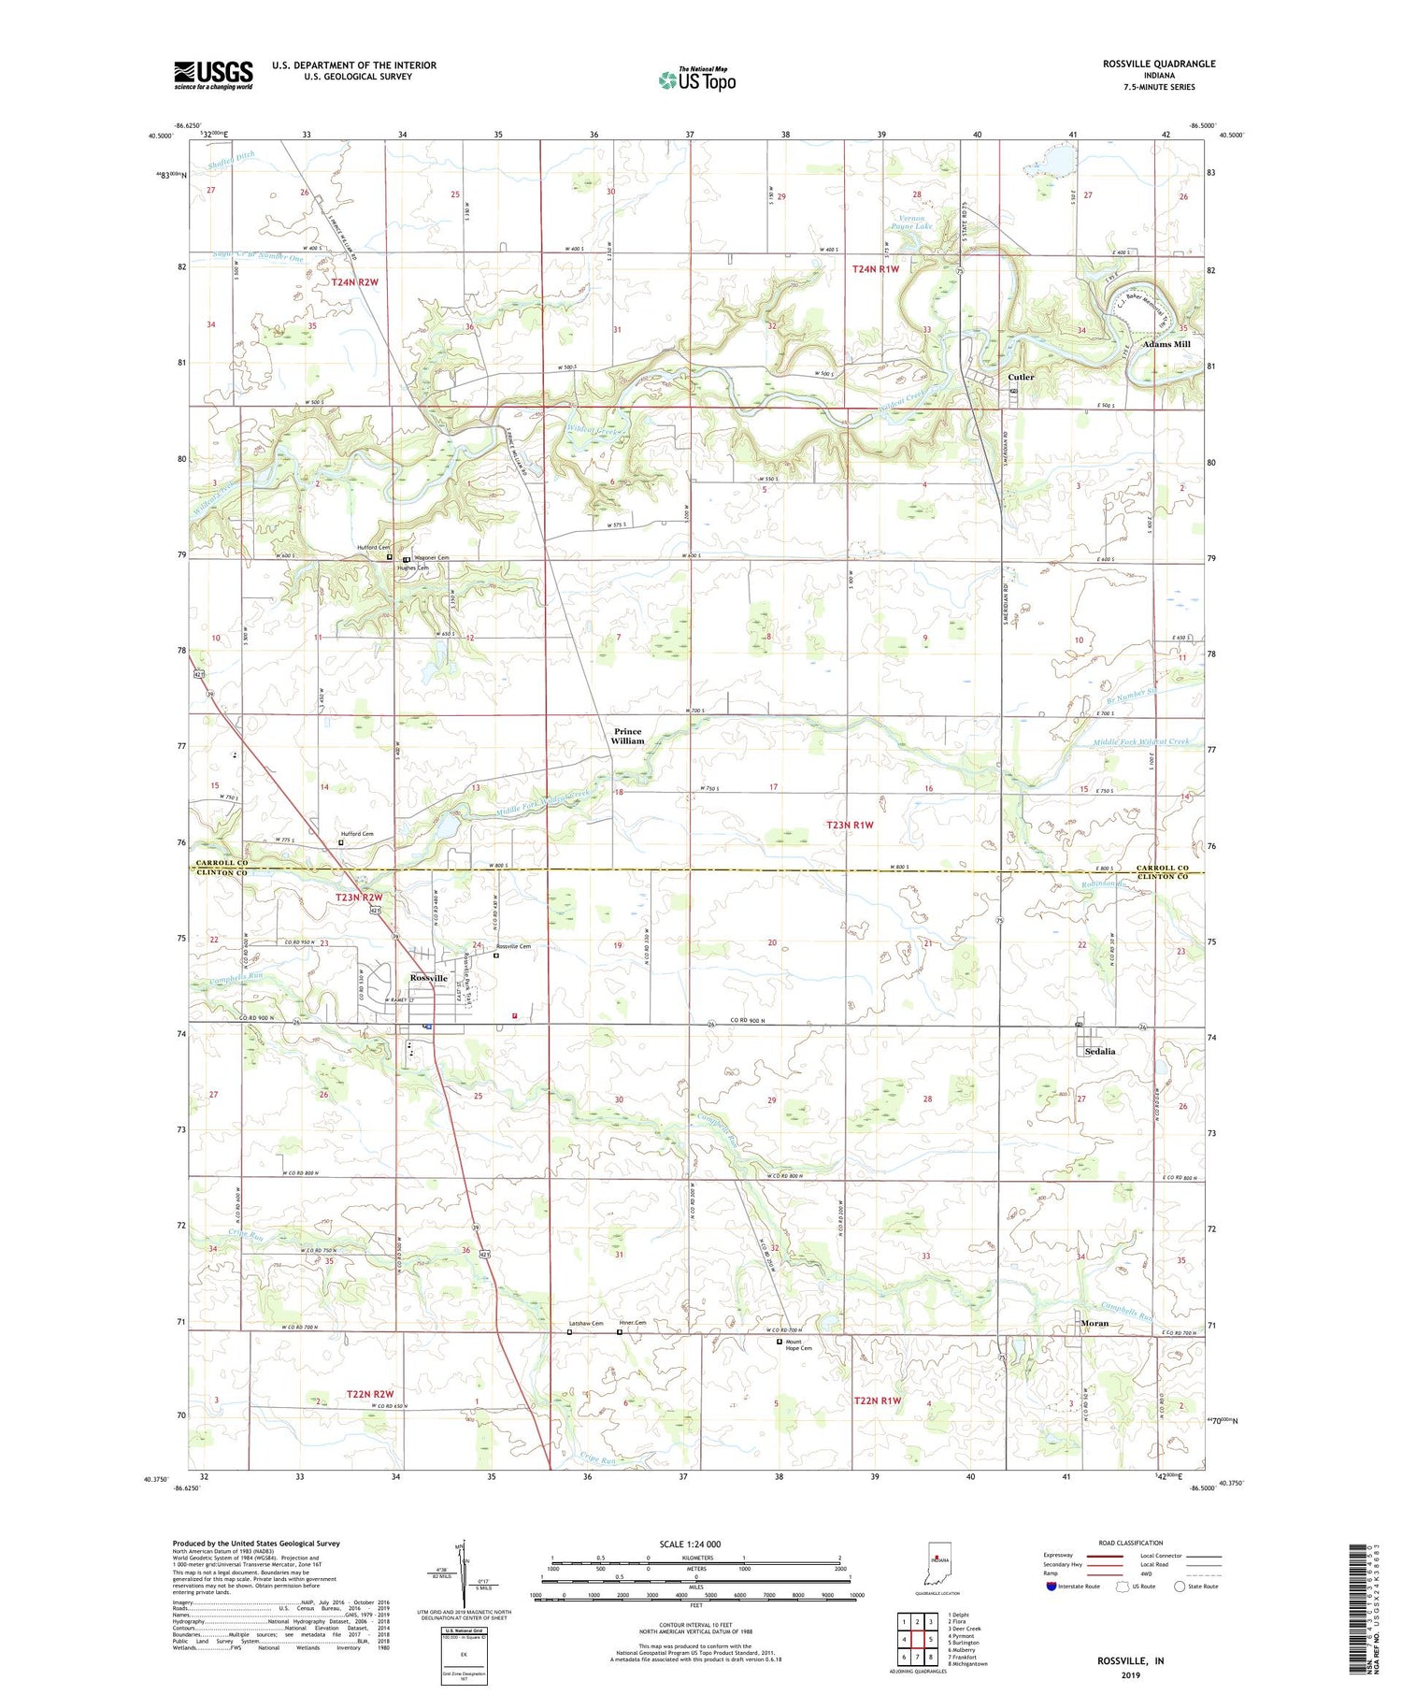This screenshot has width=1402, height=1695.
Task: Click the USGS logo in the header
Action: pos(213,75)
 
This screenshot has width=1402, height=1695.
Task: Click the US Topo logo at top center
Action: pos(696,79)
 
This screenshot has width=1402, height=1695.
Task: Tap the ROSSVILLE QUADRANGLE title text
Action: pos(1158,64)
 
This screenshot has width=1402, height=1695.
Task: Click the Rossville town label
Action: pos(428,978)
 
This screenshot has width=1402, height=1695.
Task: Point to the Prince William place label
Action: pos(628,736)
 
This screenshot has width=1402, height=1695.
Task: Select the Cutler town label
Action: pos(1021,377)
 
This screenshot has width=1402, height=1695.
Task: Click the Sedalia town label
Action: pos(1100,1051)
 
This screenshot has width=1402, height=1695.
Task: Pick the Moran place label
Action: pos(1094,1323)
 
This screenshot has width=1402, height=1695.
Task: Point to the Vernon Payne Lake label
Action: pos(909,222)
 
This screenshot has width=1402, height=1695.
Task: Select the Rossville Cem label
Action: pos(513,946)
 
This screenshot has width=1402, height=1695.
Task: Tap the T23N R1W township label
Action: pos(850,825)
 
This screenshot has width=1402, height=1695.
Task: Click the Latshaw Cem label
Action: pos(587,1323)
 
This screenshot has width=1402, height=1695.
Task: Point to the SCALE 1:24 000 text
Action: pos(695,1544)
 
